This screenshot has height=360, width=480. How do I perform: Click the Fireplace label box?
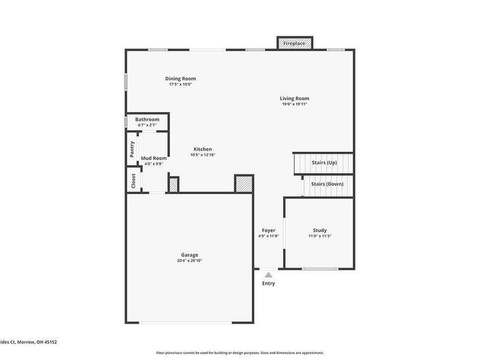294,43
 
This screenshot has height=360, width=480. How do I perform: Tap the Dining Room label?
181,79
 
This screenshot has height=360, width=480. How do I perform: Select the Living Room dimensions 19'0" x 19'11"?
295,104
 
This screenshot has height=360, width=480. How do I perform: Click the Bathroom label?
147,119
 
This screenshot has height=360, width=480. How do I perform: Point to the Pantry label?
132,149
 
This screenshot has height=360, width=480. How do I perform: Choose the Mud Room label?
154,158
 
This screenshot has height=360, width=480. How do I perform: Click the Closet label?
133,181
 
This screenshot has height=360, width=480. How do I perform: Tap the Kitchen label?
202,149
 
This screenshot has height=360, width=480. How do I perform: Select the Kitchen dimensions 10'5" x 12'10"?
202,155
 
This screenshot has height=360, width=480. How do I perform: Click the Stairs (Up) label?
324,163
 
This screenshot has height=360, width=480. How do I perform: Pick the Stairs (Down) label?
326,184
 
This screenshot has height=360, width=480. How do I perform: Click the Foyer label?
268,230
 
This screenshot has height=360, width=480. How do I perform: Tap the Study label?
319,230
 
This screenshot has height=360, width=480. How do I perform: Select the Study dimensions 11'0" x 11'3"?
319,236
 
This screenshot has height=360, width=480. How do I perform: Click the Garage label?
190,255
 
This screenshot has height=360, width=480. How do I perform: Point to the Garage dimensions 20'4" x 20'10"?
190,260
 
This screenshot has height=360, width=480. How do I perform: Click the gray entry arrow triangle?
268,275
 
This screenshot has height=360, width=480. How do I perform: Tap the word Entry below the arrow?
268,283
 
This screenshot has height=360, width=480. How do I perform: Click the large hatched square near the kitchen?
243,184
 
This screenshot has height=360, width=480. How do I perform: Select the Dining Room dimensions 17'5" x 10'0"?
181,84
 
